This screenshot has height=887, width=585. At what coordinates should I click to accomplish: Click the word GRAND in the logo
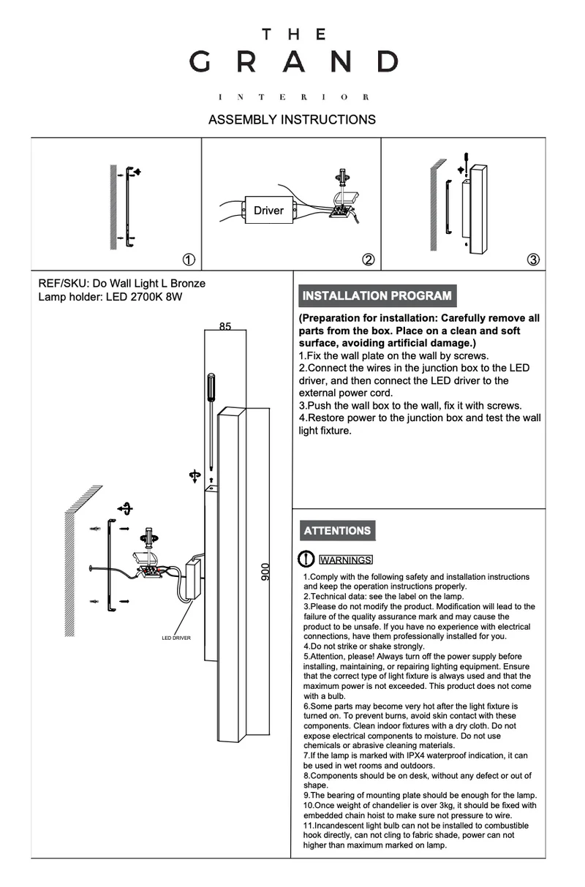click(293, 61)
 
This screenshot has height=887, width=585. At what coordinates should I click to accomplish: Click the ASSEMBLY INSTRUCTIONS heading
click(292, 120)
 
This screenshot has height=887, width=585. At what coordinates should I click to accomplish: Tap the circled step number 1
click(188, 260)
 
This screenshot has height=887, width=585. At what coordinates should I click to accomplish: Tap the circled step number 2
click(369, 260)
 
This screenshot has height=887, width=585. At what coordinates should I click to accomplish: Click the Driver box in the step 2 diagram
click(268, 211)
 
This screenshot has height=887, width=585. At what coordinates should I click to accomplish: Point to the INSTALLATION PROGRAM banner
click(377, 296)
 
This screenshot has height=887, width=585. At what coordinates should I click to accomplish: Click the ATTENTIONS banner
click(337, 531)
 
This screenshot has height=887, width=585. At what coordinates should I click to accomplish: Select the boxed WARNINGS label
click(346, 560)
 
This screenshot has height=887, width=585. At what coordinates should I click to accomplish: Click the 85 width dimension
click(224, 327)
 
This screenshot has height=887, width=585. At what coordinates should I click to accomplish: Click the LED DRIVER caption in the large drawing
click(176, 638)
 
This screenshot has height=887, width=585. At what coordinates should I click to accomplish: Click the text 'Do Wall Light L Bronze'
click(148, 284)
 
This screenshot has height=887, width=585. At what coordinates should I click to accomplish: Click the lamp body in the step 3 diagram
click(478, 209)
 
